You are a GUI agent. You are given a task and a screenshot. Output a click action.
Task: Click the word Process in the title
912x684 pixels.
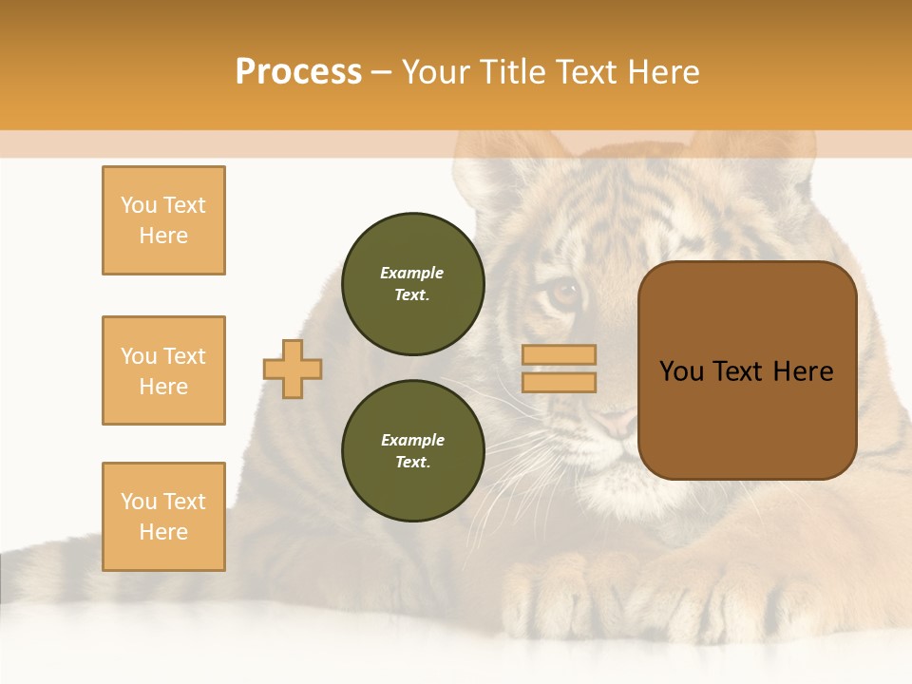(298, 72)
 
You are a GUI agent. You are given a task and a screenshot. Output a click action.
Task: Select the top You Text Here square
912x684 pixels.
(163, 220)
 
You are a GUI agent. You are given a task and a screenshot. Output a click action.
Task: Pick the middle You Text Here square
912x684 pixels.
(163, 370)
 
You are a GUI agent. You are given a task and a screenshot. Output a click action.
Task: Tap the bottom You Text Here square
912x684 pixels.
(163, 517)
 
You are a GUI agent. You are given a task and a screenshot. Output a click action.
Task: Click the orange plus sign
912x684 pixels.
(293, 369)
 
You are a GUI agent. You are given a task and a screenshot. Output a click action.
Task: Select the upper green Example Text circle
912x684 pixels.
(412, 284)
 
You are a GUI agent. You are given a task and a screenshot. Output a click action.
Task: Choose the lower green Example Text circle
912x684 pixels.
(412, 451)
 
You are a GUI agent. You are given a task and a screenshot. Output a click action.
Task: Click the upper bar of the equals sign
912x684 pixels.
(559, 355)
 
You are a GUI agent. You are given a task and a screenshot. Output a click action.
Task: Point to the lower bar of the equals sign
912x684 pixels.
(559, 382)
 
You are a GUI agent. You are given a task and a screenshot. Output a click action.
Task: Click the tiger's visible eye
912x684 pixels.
(564, 293)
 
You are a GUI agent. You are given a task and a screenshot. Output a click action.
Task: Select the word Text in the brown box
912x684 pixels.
(746, 371)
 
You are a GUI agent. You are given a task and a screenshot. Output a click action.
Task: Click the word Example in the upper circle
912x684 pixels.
(412, 273)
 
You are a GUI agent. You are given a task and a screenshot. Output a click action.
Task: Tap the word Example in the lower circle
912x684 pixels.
(412, 440)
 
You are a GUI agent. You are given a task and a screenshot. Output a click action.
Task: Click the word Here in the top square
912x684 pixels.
(163, 236)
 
